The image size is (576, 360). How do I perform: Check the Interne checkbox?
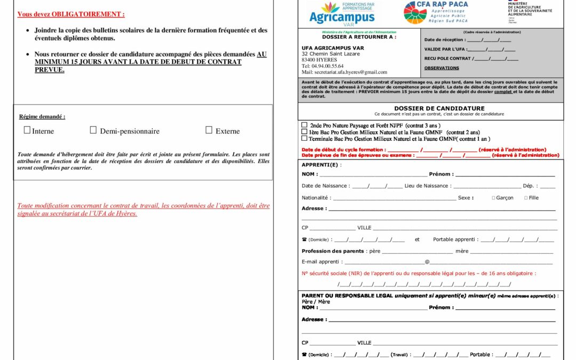[27, 130]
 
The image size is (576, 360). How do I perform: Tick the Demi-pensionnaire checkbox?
[93, 130]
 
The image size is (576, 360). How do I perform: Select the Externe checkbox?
[209, 130]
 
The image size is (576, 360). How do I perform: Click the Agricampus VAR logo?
[342, 13]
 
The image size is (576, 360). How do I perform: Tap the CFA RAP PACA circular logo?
[415, 13]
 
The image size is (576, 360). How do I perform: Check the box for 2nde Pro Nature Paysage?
[305, 125]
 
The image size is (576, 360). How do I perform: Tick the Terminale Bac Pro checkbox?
[305, 138]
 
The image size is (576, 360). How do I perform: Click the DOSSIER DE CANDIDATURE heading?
[439, 108]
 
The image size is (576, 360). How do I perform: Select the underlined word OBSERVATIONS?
[442, 68]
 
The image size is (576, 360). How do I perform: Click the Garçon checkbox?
[494, 198]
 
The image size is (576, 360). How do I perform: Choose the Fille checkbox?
[526, 198]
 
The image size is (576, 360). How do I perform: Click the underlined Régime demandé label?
[42, 116]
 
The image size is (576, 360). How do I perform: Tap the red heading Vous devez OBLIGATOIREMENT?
[71, 14]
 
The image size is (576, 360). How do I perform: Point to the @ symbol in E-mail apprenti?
[427, 262]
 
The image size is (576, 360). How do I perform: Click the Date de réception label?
[444, 40]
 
